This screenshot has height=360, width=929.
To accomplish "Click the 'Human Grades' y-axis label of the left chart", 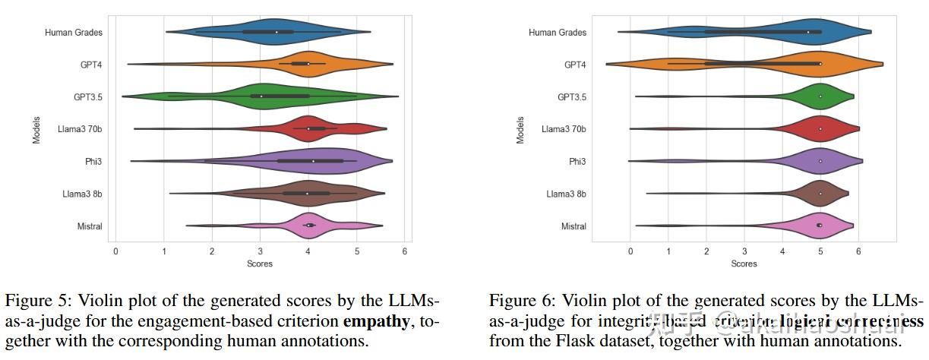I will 73,32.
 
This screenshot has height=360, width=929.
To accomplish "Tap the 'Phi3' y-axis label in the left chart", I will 93,161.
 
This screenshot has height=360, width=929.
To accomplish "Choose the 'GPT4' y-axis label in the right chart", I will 575,65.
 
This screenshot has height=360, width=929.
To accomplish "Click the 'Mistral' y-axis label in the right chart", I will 573,226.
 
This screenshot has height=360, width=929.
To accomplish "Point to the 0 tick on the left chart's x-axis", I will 115,251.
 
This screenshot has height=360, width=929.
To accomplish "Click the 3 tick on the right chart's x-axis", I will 744,251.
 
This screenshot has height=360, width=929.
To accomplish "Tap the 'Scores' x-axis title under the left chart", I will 260,264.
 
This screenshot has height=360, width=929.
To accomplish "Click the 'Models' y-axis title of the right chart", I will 520,129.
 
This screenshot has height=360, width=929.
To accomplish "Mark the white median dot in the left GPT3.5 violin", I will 261,96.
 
